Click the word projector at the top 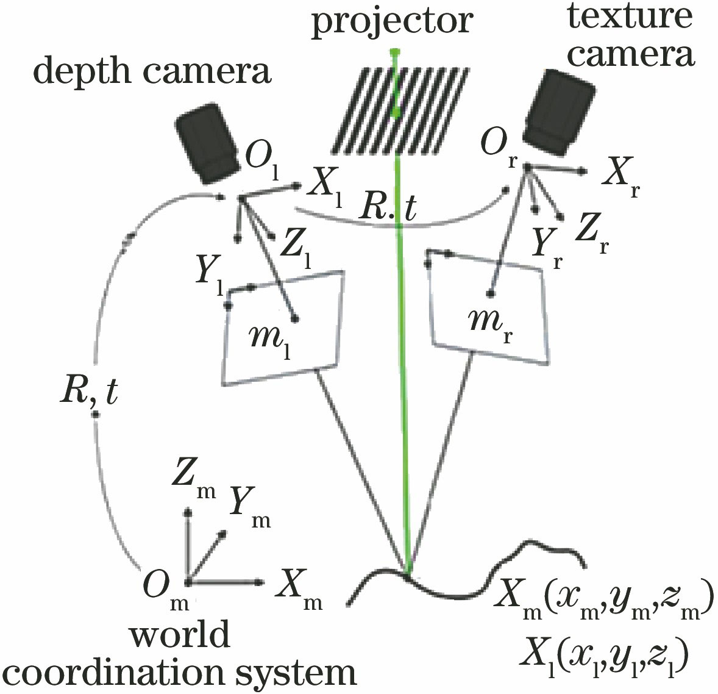click(393, 21)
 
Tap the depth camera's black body click(207, 141)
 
